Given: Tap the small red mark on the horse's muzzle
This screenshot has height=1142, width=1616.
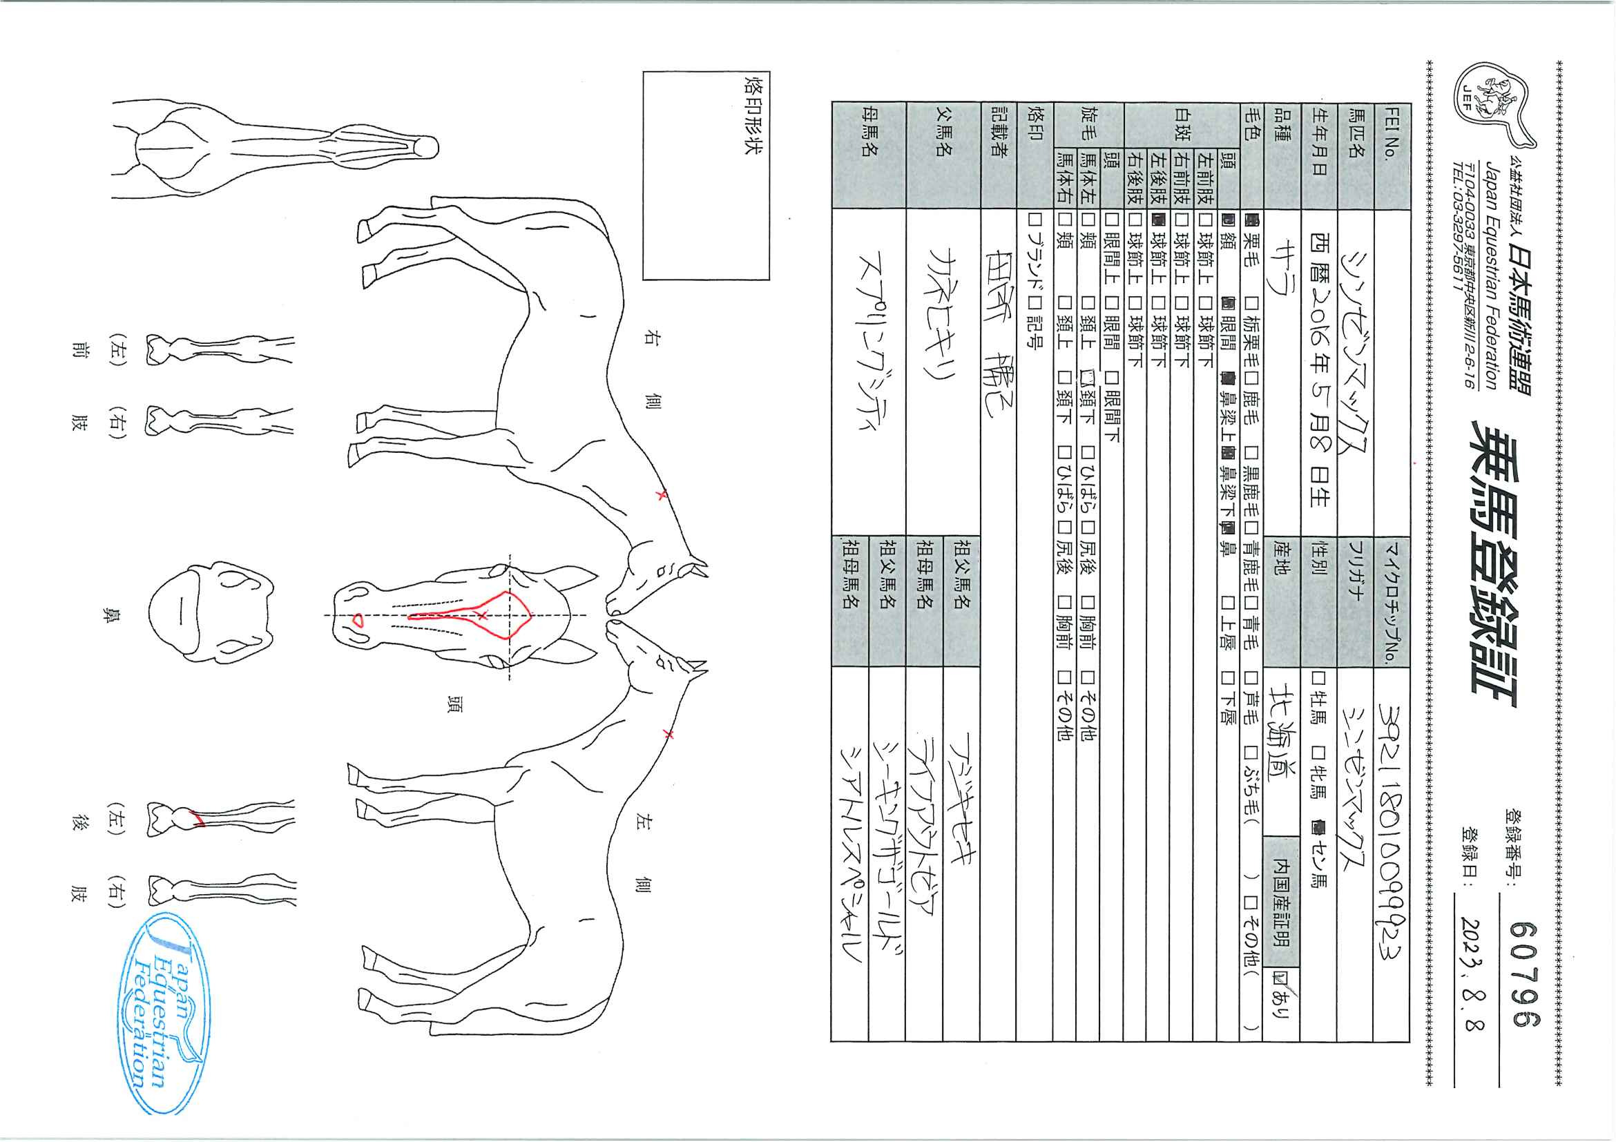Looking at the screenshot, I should [x=358, y=620].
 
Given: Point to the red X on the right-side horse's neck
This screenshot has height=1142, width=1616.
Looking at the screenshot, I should [x=660, y=495].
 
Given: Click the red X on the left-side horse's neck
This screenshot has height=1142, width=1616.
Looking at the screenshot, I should [x=668, y=735].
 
